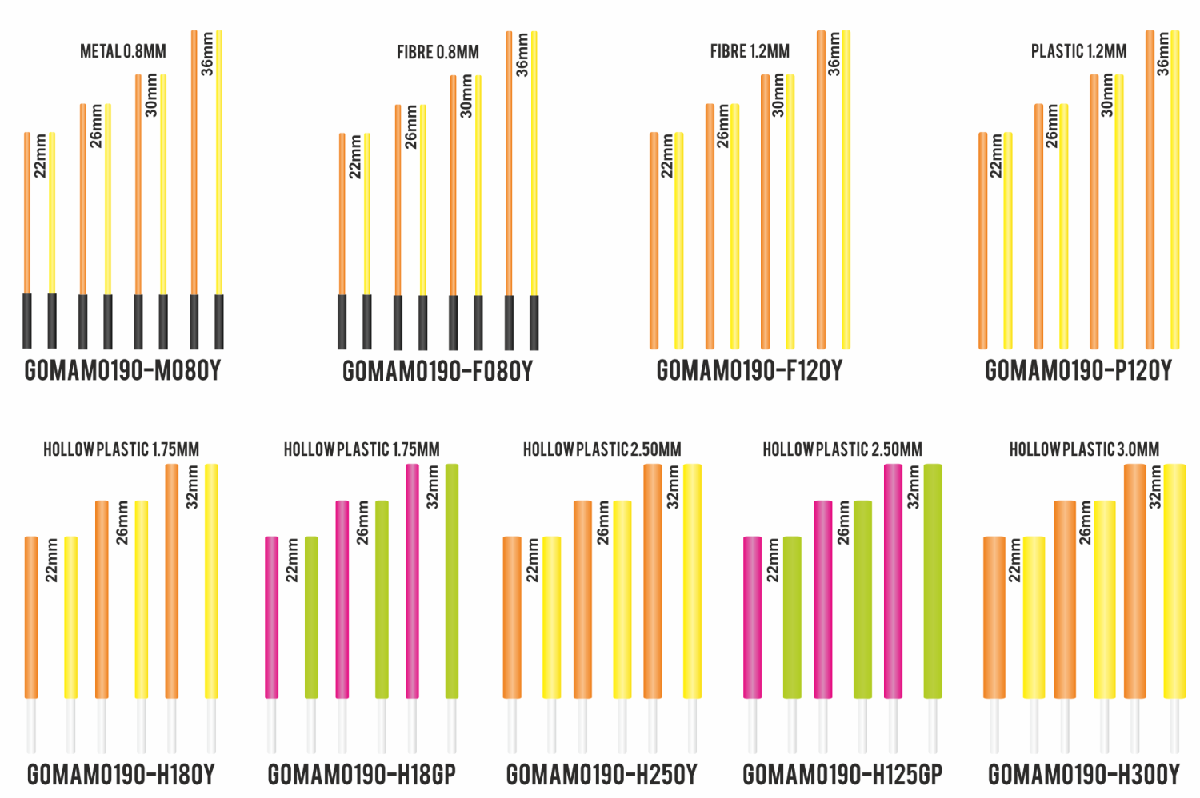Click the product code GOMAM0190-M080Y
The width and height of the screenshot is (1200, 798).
(122, 371)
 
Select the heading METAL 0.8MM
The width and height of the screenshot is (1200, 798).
(123, 52)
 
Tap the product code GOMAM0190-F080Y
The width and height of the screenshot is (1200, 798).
(437, 372)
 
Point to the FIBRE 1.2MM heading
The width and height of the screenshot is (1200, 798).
(750, 52)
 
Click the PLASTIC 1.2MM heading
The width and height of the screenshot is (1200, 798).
(1078, 52)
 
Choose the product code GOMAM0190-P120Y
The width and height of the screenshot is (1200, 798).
(1078, 371)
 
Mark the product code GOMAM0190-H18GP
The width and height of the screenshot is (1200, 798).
(362, 775)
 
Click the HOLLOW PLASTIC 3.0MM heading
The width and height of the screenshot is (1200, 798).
(1084, 449)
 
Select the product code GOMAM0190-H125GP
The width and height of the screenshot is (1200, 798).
(842, 775)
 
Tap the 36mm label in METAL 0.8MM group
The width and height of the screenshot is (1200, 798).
(208, 54)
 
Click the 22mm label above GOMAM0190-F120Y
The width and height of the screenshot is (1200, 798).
(667, 155)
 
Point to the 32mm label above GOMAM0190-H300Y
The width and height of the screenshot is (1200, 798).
(1155, 488)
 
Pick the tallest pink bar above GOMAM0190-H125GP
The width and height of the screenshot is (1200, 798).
(893, 580)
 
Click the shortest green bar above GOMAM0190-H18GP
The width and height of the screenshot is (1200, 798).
(311, 616)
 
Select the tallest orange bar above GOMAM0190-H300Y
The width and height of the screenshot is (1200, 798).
(1134, 580)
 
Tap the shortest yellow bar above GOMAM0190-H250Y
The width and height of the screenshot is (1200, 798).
(551, 616)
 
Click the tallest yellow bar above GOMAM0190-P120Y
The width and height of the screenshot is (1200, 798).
(1174, 190)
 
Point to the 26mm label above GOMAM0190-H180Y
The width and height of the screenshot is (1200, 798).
(122, 523)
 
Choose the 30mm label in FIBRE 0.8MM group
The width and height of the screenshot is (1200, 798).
(466, 97)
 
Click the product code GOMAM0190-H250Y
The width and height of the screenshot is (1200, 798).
(602, 775)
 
